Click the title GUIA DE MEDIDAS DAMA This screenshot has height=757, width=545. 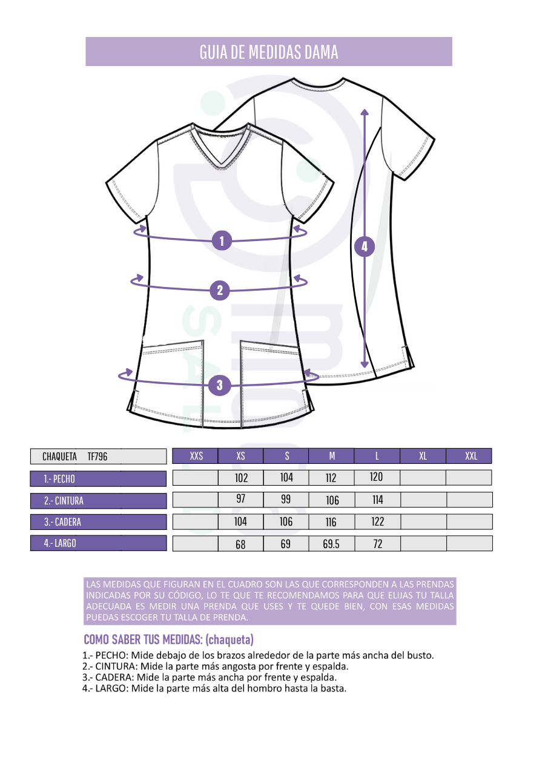coord(269,52)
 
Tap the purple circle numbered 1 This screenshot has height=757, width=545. coord(222,240)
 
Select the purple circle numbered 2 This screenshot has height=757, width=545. coord(220,290)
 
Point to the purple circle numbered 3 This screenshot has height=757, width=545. coord(220,385)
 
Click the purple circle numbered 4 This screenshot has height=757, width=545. coord(364,246)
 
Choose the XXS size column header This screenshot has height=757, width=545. coord(196,456)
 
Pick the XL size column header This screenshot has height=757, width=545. coord(423,456)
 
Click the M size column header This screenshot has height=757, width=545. coord(332,456)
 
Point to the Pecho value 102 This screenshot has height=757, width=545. coord(241,478)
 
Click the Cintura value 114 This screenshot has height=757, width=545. coord(377,500)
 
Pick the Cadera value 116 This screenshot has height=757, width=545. coord(331,522)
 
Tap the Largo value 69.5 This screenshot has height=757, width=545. coord(331,544)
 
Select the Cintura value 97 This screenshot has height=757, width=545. coord(240,498)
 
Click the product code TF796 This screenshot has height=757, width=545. coord(97,457)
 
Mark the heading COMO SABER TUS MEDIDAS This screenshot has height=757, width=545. coord(143,640)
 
